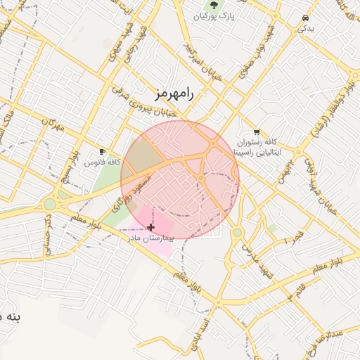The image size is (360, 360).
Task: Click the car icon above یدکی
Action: [305, 18]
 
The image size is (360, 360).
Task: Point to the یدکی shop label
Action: [305, 29]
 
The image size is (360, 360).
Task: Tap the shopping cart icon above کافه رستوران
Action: [257, 131]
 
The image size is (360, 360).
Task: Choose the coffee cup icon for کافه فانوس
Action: [103, 151]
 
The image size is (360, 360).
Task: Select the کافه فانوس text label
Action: [100, 162]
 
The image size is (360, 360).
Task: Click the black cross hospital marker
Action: [151, 227]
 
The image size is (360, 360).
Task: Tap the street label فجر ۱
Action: [284, 240]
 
